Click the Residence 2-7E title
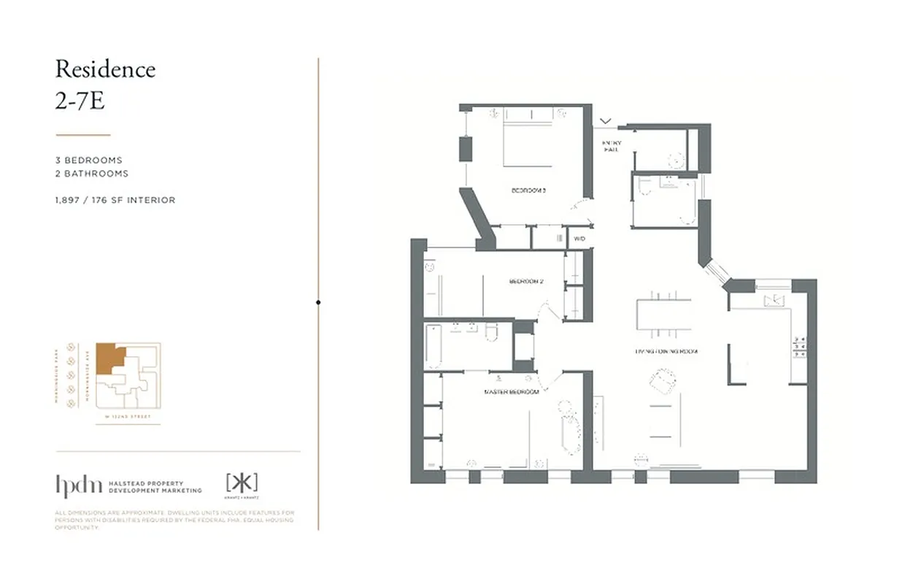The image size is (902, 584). pyautogui.click(x=105, y=84)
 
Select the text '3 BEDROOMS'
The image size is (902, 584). pyautogui.click(x=88, y=160)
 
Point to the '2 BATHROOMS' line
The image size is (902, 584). pyautogui.click(x=91, y=174)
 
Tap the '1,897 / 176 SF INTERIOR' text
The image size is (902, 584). pyautogui.click(x=115, y=200)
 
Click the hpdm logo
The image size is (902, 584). pyautogui.click(x=78, y=485)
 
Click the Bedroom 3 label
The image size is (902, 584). pyautogui.click(x=528, y=191)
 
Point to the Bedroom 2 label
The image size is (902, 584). pyautogui.click(x=526, y=281)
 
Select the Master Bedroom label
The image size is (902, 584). pyautogui.click(x=511, y=392)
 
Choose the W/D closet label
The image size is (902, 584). pyautogui.click(x=579, y=238)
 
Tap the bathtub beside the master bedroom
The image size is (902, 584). pyautogui.click(x=433, y=346)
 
